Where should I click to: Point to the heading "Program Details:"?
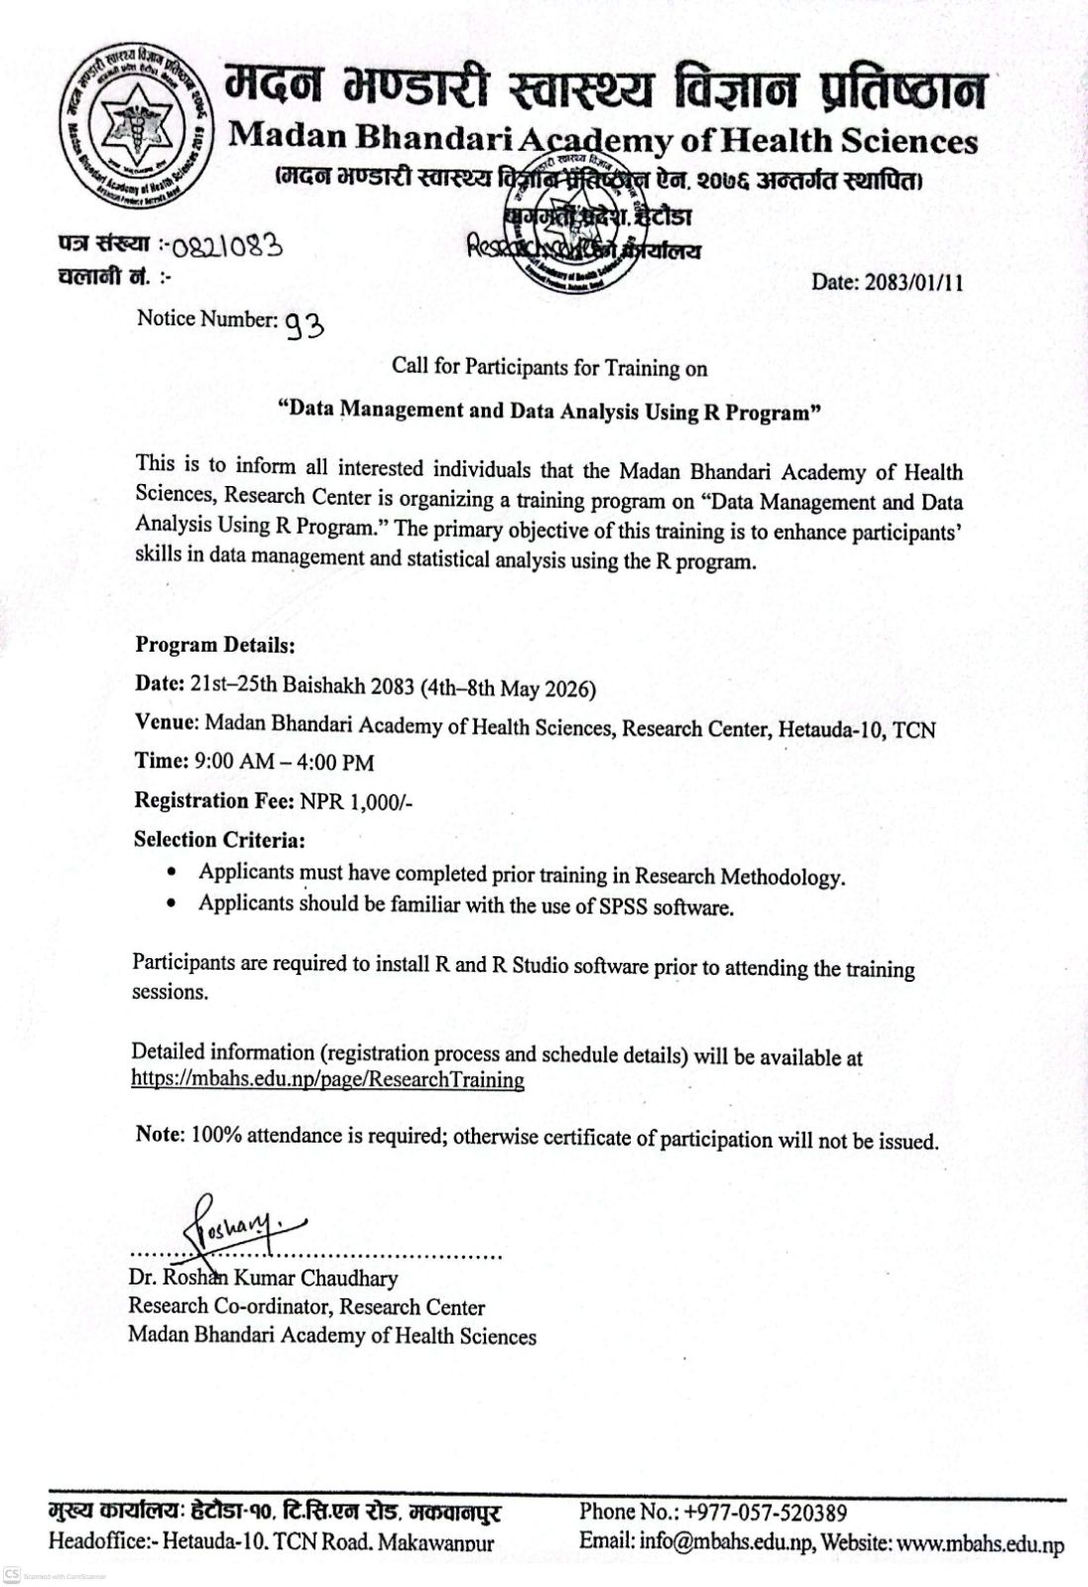215,645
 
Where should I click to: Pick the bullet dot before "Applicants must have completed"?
174,874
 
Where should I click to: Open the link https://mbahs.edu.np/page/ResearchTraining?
327,1080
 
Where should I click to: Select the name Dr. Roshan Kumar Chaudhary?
263,1279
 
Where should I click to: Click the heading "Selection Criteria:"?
219,839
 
